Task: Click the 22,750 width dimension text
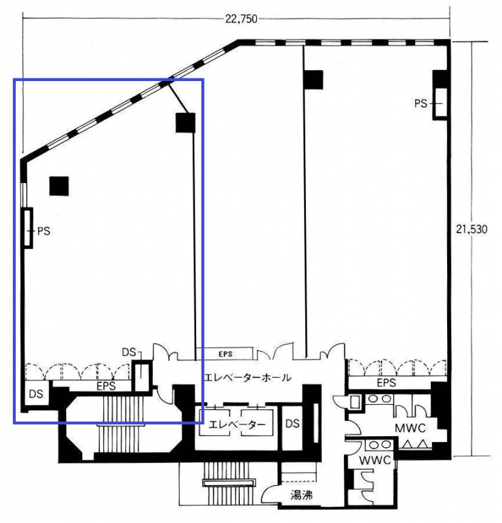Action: pos(241,19)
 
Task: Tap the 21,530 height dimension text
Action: pos(471,229)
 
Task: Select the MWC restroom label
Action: pos(410,428)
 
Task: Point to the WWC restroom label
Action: pos(375,460)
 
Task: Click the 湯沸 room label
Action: pos(301,495)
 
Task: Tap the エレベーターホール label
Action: pos(248,378)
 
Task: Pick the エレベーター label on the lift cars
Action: pos(237,424)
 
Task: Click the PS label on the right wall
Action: pos(420,104)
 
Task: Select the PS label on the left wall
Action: pos(44,231)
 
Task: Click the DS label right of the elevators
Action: pos(293,424)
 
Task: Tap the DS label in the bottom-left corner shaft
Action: pos(36,394)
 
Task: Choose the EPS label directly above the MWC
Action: pos(386,382)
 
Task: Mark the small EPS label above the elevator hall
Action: pos(226,354)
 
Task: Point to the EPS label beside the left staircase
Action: pos(106,386)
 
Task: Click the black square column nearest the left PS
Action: pos(59,186)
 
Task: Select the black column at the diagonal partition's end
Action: pos(186,123)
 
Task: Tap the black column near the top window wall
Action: pos(314,80)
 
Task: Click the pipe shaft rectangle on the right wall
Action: pos(440,103)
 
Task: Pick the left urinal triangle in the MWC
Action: pos(408,445)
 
